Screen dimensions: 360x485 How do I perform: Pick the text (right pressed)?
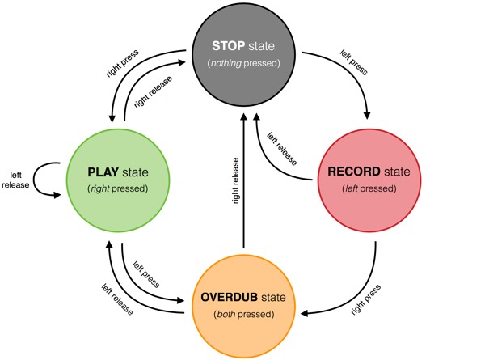[119, 188]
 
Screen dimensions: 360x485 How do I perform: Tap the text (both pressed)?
[244, 313]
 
